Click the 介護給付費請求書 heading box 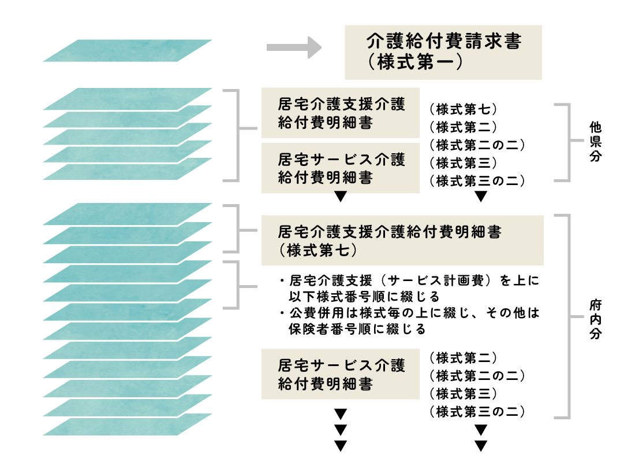(443, 52)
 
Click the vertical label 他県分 (595, 142)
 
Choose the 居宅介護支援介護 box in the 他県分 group (341, 113)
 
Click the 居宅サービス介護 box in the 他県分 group (341, 168)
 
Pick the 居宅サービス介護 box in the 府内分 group (341, 374)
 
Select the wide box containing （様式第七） (402, 241)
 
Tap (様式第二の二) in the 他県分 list (477, 145)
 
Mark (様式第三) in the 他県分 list (464, 163)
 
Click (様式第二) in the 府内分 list (464, 358)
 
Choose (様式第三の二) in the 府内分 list (477, 411)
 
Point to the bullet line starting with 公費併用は (410, 313)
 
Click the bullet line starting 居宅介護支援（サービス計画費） (410, 281)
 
